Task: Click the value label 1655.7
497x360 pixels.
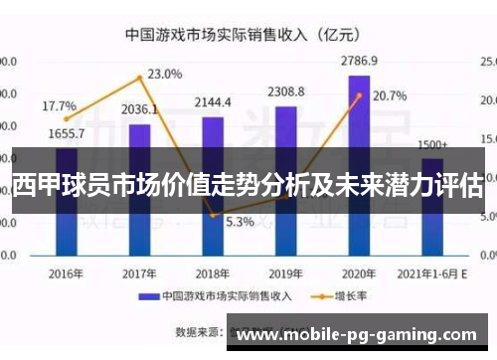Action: click(x=66, y=133)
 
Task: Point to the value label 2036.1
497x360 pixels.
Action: click(x=139, y=109)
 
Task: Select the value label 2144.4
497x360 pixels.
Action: click(x=213, y=101)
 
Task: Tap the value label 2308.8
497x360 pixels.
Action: click(x=286, y=91)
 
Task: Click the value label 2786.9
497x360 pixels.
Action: click(x=360, y=60)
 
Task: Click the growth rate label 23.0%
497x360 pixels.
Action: click(x=164, y=74)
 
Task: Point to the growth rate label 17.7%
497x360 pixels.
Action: click(x=59, y=105)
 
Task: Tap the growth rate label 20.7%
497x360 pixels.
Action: click(x=390, y=96)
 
